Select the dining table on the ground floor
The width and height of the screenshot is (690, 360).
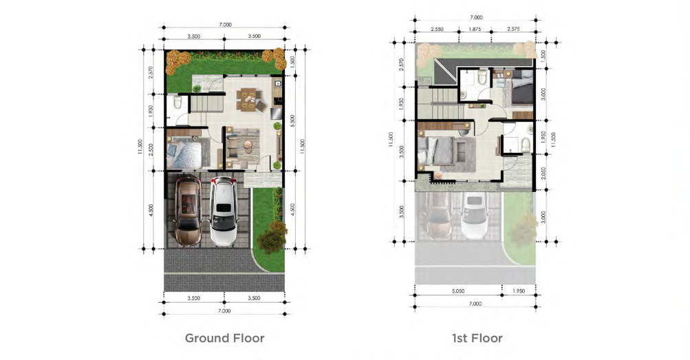click(248, 98)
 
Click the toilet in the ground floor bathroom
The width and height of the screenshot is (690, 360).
click(177, 103)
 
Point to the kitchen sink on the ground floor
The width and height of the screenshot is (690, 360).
click(278, 83)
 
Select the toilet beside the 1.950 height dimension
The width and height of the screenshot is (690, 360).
click(524, 145)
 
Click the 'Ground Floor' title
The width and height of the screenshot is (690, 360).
click(224, 338)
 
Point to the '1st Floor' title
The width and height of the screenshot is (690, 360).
click(477, 338)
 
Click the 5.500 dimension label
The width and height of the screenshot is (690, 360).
click(292, 121)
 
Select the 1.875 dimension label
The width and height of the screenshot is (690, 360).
click(475, 29)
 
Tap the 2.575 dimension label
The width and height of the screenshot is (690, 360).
click(513, 29)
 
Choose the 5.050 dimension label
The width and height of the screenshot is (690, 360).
click(458, 291)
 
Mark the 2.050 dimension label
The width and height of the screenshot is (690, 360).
click(543, 173)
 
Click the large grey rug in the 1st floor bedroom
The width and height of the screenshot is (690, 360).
click(459, 155)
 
